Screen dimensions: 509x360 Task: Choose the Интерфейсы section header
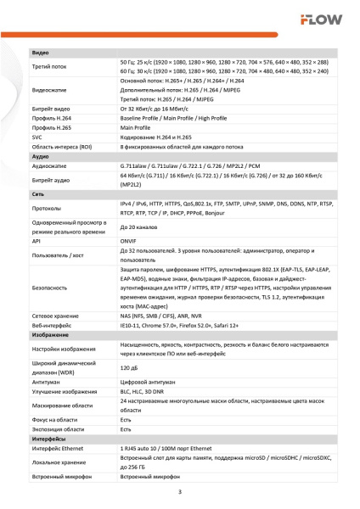(49, 439)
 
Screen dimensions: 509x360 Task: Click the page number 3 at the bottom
(179, 492)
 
